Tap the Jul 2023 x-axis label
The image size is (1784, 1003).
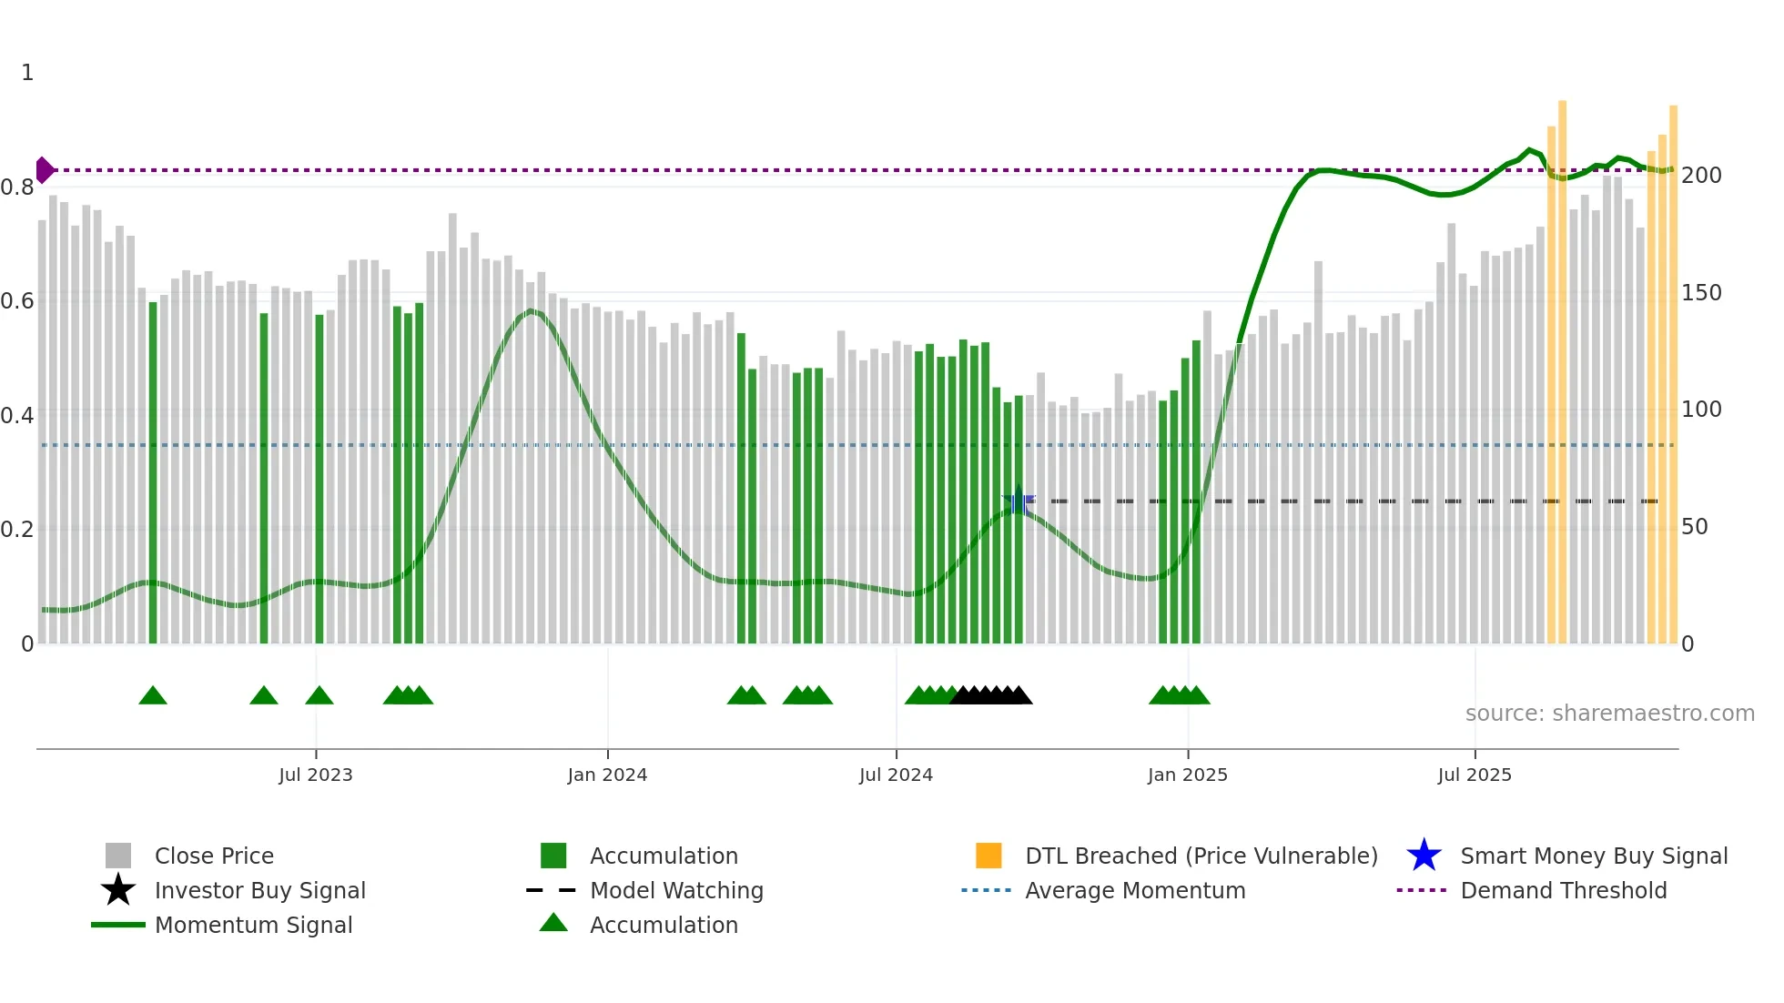coord(315,775)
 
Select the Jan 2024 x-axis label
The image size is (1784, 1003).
coord(607,775)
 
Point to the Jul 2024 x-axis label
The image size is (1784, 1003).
coord(896,775)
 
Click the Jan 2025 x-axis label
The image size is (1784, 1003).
coord(1187,775)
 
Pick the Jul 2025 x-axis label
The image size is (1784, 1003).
coord(1475,775)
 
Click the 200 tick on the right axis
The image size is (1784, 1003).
coord(1701,175)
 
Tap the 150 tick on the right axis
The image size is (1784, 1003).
coord(1701,293)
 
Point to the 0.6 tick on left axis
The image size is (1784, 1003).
coord(18,300)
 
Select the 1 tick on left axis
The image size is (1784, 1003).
coord(27,73)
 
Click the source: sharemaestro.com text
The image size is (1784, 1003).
coord(1609,713)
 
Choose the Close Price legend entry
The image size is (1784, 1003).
coord(214,856)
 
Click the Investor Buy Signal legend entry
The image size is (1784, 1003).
coord(259,890)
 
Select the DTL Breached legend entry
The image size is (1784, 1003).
coord(1201,856)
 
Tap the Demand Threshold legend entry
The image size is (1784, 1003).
coord(1563,890)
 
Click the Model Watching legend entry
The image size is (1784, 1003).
coord(676,890)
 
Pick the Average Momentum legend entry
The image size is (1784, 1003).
coord(1135,890)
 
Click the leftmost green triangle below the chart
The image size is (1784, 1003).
coord(153,696)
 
